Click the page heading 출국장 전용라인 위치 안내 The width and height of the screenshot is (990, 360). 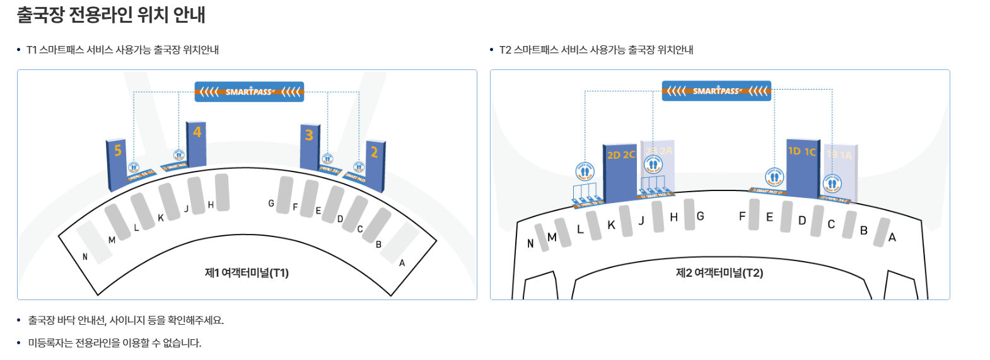point(111,15)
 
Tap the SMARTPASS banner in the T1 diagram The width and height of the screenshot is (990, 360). point(249,92)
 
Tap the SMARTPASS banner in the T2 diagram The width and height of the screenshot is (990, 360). point(716,91)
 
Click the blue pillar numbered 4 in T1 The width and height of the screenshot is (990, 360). point(196,145)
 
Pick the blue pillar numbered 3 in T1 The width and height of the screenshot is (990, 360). point(309,148)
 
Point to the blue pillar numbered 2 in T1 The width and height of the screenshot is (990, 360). point(376,165)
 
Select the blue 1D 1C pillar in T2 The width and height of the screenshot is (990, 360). point(802,167)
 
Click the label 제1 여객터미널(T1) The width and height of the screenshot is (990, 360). point(247,273)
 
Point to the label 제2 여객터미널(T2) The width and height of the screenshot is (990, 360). point(719,273)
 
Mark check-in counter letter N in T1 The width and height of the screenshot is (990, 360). point(85,257)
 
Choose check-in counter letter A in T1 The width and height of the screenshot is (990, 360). point(402,263)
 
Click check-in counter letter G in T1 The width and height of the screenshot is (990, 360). point(271,204)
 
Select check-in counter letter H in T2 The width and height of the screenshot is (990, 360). point(673,218)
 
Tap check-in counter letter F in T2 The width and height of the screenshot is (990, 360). point(742,216)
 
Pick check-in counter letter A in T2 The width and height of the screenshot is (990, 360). point(892,238)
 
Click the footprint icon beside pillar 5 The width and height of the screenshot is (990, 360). point(134,168)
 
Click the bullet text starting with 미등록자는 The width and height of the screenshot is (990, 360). point(115,343)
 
